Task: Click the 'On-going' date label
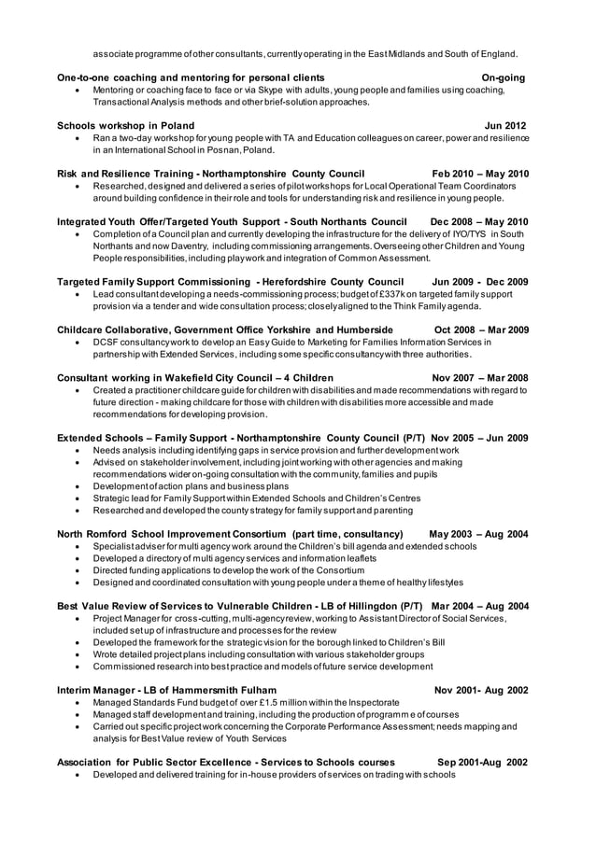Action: click(x=503, y=77)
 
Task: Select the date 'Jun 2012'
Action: click(x=505, y=125)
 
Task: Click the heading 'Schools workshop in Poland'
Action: click(x=126, y=125)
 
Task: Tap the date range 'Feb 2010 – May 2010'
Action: click(x=479, y=174)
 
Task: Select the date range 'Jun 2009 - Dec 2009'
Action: click(x=480, y=281)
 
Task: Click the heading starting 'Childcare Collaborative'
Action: click(x=225, y=330)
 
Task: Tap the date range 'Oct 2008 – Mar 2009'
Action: click(x=482, y=330)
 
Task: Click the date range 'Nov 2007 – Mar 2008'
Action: click(x=480, y=377)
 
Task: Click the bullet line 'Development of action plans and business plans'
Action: click(x=192, y=486)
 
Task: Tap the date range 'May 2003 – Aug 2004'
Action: click(x=478, y=534)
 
